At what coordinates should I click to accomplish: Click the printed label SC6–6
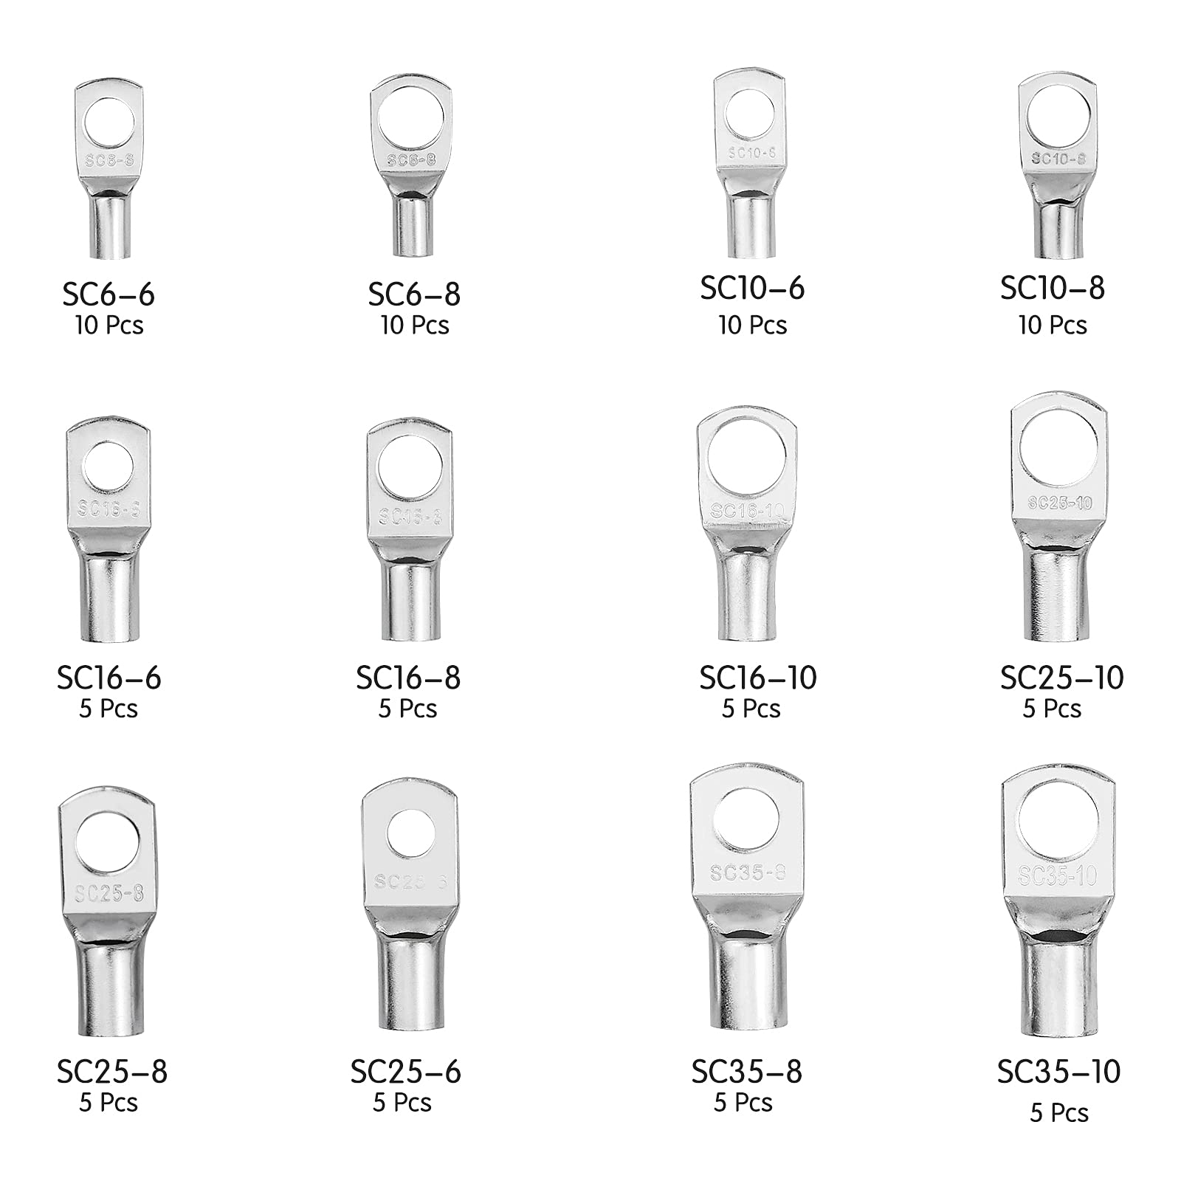[109, 295]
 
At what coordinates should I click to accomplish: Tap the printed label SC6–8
[414, 295]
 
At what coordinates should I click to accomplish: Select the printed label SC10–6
[752, 288]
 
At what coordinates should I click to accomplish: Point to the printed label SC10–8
[1053, 288]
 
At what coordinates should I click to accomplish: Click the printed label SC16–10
[758, 678]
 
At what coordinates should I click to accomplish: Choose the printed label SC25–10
[1061, 678]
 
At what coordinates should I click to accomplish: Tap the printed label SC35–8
[746, 1072]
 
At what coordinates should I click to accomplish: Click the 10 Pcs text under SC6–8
[415, 326]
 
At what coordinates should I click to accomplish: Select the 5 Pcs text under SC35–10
[1059, 1112]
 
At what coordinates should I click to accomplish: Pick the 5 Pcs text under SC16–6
[109, 709]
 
